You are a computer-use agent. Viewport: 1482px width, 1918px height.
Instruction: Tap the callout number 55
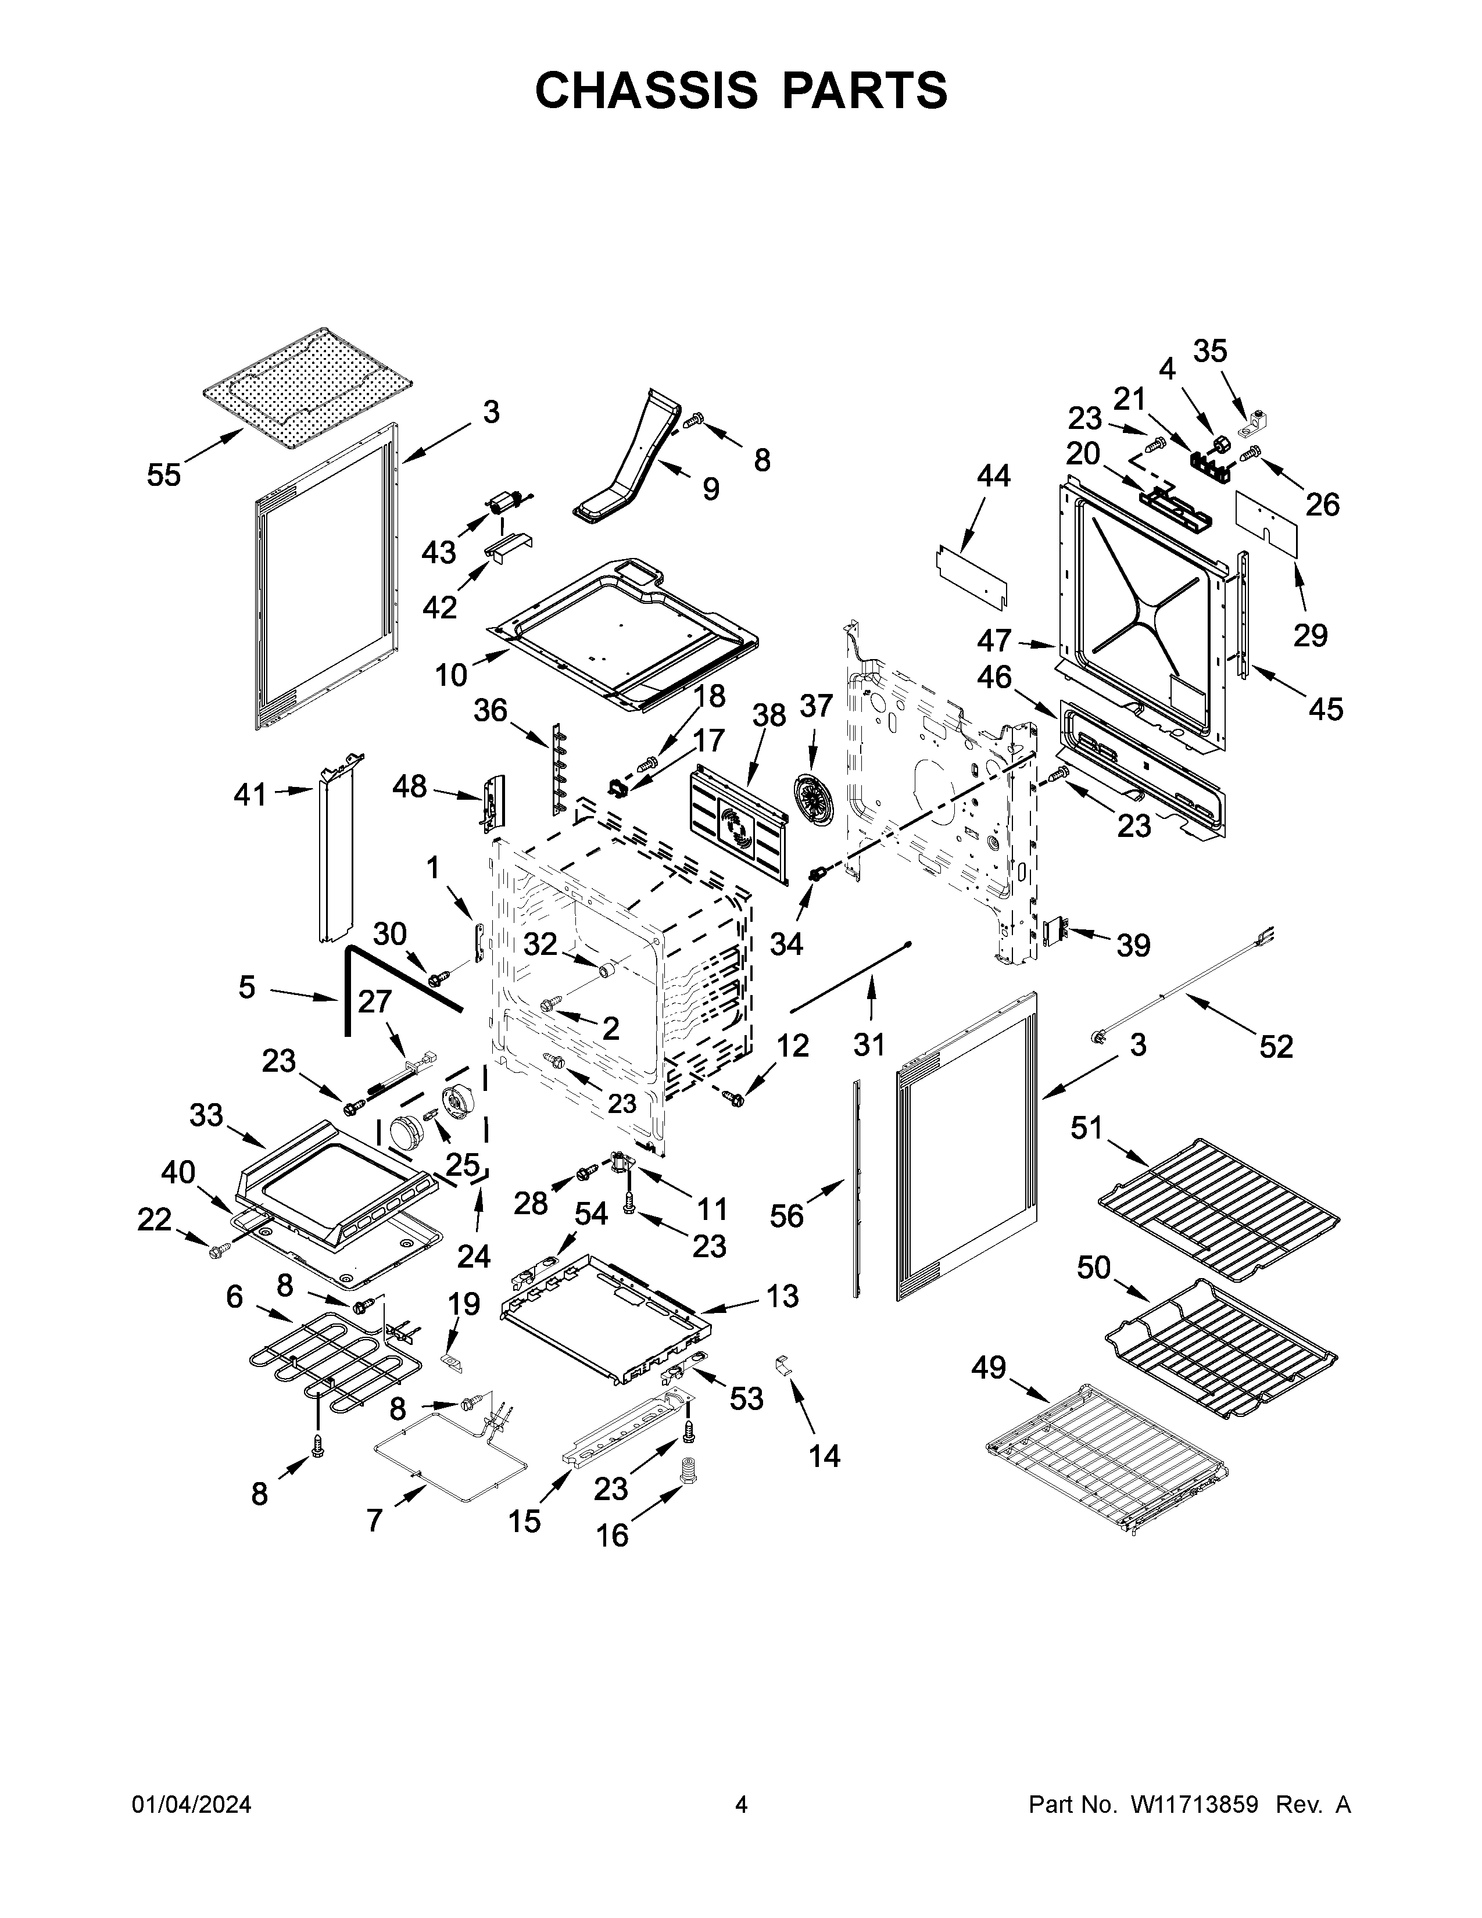tap(164, 475)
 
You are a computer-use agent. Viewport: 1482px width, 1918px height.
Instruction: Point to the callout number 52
tap(1276, 1046)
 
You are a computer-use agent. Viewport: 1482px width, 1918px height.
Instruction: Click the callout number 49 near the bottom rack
tap(990, 1368)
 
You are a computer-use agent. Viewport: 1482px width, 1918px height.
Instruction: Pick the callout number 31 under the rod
tap(869, 1044)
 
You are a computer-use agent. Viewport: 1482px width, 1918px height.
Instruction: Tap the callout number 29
tap(1310, 634)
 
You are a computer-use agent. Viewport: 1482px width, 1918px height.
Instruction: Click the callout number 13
tap(781, 1296)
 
